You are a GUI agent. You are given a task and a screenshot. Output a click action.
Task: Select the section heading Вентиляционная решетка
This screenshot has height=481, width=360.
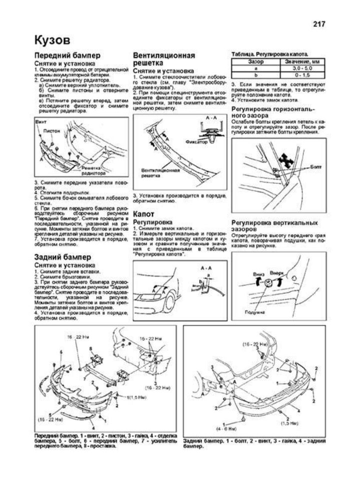point(164,59)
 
